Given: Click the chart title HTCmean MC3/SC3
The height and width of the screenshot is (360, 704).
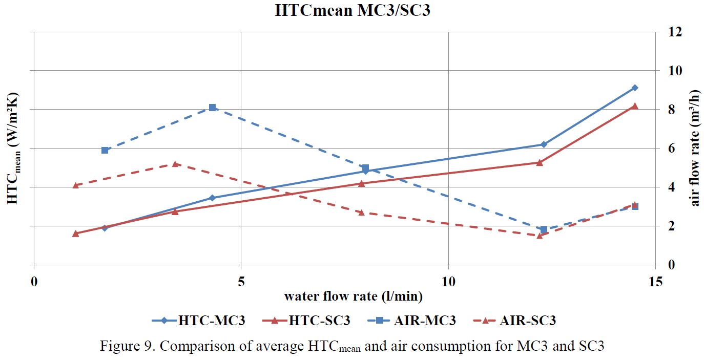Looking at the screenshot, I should (352, 11).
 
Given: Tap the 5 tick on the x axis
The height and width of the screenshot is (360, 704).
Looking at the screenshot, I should (241, 281).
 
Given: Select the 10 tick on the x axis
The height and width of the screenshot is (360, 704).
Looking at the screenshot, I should (448, 281).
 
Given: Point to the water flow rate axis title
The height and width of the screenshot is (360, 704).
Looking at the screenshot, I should (354, 297).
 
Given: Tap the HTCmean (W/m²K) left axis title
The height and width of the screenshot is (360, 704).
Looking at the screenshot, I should (13, 149).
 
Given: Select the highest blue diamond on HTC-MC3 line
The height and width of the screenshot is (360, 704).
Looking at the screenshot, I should (635, 88).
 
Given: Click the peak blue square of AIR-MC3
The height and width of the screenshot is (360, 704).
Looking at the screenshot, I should (212, 108).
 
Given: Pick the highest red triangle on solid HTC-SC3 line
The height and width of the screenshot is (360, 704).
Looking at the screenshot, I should (635, 106).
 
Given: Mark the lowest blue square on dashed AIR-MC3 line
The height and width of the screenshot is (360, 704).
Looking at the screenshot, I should (544, 229).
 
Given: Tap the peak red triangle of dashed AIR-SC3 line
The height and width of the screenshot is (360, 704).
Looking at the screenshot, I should (175, 164).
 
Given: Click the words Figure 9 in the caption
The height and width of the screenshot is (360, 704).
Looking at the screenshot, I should (126, 346).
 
